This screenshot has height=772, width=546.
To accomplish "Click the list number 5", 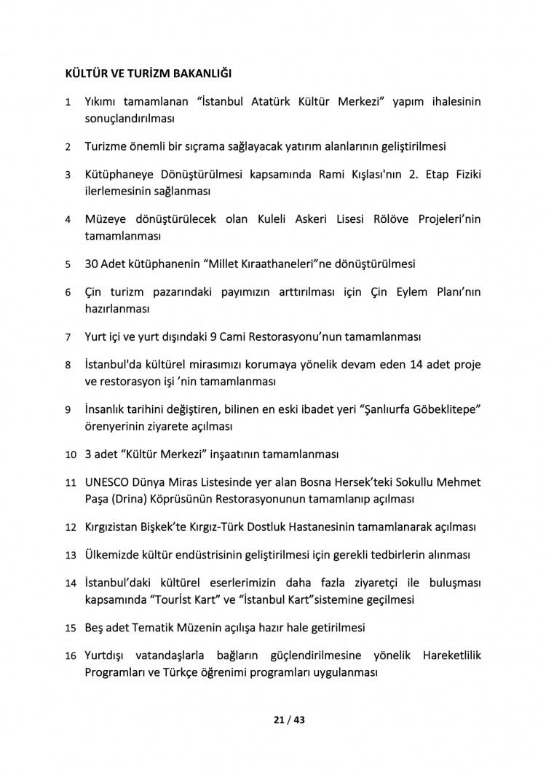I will [x=68, y=264].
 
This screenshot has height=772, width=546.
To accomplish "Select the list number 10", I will [x=71, y=455].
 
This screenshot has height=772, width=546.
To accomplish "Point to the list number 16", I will [x=71, y=655].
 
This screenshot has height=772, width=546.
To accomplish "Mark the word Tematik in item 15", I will [x=165, y=626].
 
